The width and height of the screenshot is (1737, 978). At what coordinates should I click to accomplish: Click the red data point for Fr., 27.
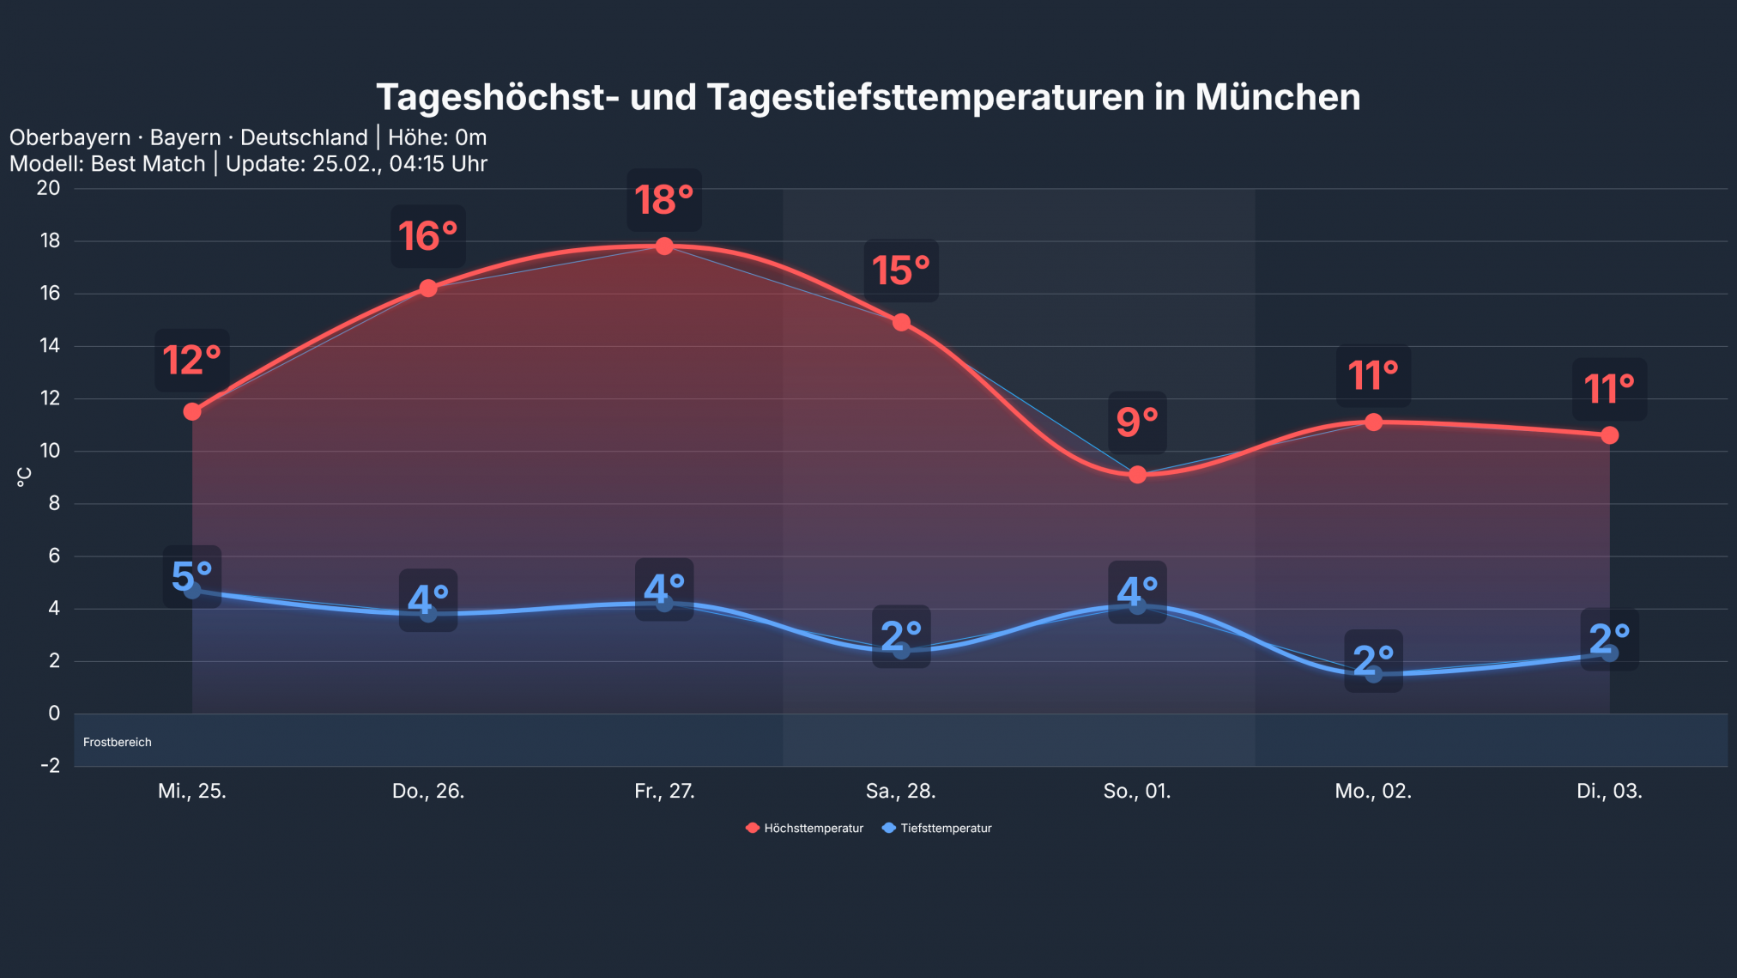(x=664, y=246)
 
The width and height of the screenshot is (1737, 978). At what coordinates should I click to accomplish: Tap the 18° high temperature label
(x=663, y=200)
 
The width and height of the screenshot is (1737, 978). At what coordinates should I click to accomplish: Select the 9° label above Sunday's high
(x=1137, y=422)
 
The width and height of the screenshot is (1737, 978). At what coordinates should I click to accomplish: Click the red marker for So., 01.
(x=1137, y=475)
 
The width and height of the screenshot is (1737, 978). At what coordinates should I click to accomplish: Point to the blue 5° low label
(x=192, y=576)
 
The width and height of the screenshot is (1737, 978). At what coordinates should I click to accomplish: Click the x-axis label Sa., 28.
(x=900, y=791)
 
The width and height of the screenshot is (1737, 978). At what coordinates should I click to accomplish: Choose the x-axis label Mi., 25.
(x=192, y=791)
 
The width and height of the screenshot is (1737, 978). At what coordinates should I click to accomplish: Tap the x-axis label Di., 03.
(x=1609, y=791)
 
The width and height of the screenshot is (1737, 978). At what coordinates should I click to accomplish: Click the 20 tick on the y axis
(x=49, y=188)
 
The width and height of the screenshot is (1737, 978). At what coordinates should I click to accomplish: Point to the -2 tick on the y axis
(x=50, y=765)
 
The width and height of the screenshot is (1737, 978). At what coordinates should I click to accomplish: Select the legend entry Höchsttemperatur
(x=805, y=828)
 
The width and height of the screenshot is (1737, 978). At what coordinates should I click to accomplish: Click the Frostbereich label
(x=118, y=742)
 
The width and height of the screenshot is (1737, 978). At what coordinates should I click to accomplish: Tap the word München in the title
(x=1277, y=97)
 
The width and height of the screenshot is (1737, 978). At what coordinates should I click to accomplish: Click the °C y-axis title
(x=24, y=477)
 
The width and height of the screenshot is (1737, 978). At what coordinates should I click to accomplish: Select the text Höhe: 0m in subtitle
(x=437, y=137)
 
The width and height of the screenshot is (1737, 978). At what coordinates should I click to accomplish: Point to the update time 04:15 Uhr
(x=438, y=164)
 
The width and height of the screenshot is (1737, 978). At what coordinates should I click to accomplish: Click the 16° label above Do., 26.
(x=427, y=236)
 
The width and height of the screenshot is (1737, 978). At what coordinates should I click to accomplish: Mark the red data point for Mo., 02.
(x=1373, y=422)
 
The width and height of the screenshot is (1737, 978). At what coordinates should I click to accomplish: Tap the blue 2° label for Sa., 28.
(x=901, y=636)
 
